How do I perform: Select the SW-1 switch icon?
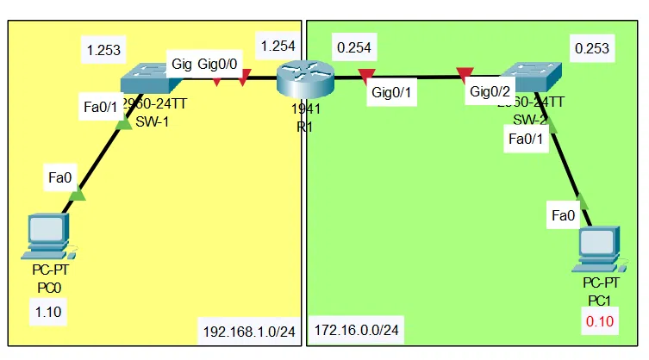[151, 79]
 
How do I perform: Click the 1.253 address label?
[102, 50]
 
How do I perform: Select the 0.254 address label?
[354, 49]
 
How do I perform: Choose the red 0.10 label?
[599, 323]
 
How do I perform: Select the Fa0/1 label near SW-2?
[527, 138]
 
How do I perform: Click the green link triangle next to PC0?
[77, 194]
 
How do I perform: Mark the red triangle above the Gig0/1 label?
[367, 75]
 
